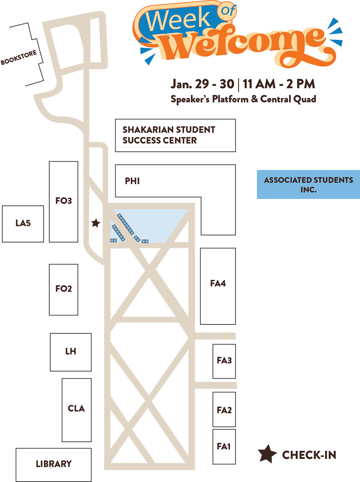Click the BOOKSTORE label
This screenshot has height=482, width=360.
[x=19, y=58]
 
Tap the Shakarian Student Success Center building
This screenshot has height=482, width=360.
[x=175, y=135]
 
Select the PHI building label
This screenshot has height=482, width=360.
[x=132, y=181]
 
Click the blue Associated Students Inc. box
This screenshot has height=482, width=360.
[x=308, y=185]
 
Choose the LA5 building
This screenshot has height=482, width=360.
[x=23, y=223]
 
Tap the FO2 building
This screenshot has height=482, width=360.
[x=63, y=289]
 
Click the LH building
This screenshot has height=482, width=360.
[x=71, y=352]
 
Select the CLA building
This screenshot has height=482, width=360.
[x=76, y=409]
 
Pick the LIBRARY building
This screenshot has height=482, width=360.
[x=54, y=464]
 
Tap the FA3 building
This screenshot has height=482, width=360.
[x=224, y=361]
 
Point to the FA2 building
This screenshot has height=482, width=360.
[x=224, y=410]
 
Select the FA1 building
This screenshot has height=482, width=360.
[x=224, y=447]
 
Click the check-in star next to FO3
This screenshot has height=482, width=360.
[x=95, y=223]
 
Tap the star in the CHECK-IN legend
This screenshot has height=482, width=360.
[x=267, y=454]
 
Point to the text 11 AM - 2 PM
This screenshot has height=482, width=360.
[x=279, y=84]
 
